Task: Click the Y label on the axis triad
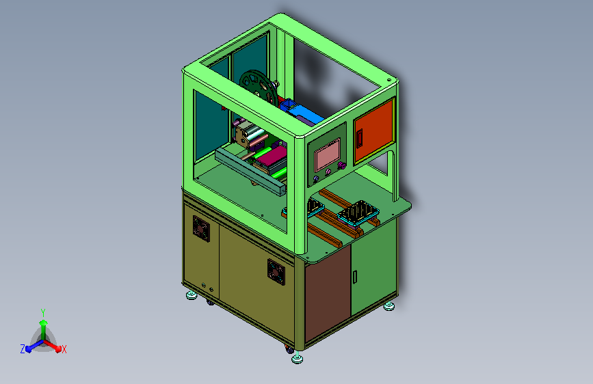click(43, 312)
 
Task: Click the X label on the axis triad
click(64, 350)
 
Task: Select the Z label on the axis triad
click(23, 349)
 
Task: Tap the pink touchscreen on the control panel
click(327, 154)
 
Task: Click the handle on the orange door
click(360, 138)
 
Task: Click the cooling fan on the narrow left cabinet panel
click(201, 228)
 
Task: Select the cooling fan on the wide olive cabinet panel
click(276, 272)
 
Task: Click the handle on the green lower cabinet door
click(355, 277)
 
